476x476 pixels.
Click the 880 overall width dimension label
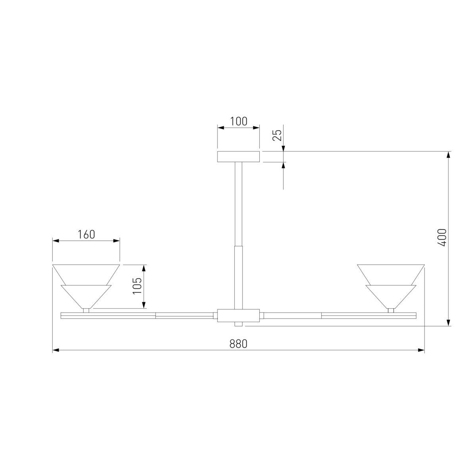coord(238,344)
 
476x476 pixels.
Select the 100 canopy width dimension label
coord(238,121)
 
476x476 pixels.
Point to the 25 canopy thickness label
coord(278,135)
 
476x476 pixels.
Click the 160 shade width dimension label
coord(86,234)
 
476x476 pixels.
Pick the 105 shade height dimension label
coord(137,286)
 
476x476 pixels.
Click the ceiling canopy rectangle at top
coord(238,157)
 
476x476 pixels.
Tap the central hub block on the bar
coord(238,316)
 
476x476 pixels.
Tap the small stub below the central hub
coord(238,325)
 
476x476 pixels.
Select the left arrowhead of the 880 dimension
coord(56,350)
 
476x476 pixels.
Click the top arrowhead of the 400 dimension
coord(449,155)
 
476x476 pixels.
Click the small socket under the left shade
coord(86,311)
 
